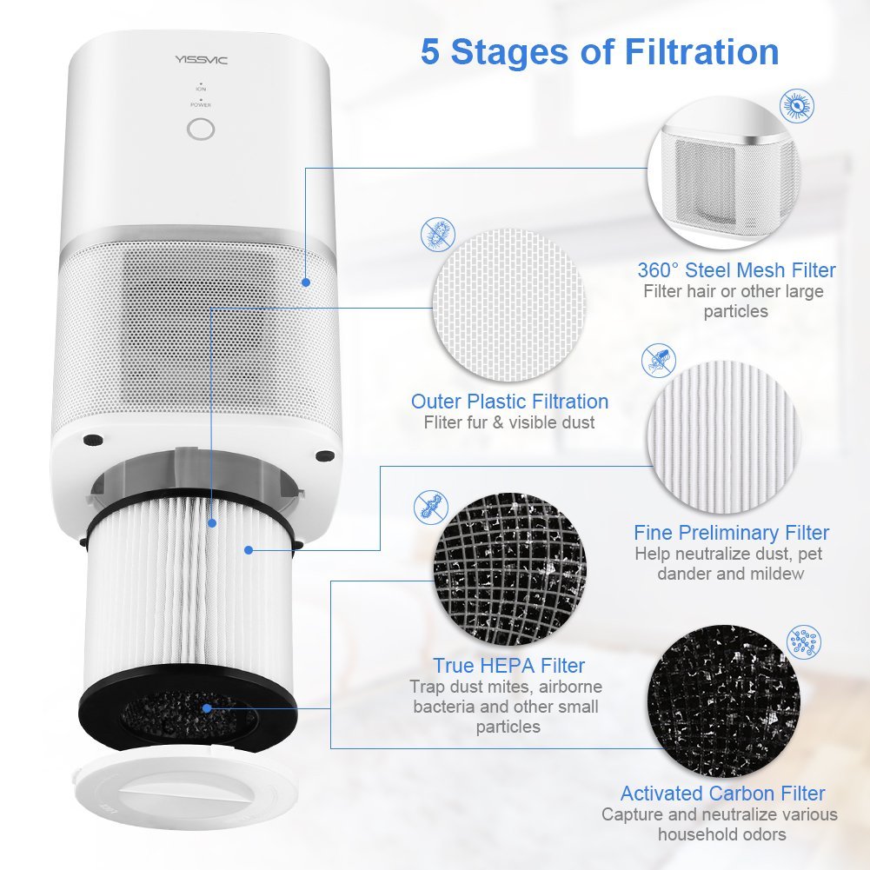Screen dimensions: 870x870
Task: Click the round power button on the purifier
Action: coord(201,130)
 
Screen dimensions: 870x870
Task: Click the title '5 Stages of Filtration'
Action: coord(600,51)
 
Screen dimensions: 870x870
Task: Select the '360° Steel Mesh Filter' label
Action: coord(736,270)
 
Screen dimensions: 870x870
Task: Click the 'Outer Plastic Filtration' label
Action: coord(509,402)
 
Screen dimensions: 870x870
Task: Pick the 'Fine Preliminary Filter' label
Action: coord(731,533)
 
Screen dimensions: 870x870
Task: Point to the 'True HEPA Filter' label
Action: coord(509,666)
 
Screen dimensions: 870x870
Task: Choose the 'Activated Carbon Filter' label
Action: coord(722,794)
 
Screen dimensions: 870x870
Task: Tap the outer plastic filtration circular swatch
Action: coord(497,304)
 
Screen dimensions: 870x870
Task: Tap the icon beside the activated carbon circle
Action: coord(804,641)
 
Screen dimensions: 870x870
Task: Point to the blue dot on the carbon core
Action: coord(207,708)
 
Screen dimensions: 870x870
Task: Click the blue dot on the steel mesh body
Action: coord(305,282)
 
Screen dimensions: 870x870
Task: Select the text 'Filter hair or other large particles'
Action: coord(734,302)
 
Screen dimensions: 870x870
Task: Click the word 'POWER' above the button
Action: coord(201,105)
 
